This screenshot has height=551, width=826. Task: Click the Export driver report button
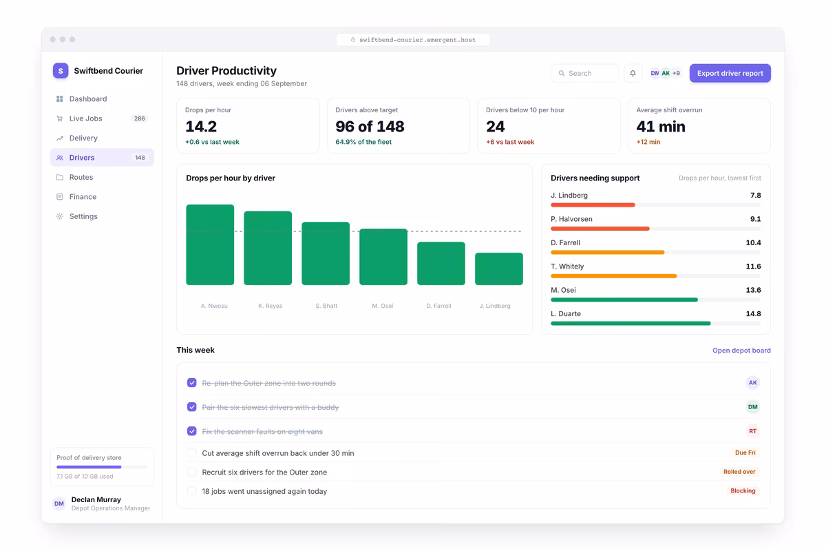tap(730, 73)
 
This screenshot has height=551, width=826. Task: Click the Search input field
tap(584, 73)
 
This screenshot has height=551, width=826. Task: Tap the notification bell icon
tap(633, 73)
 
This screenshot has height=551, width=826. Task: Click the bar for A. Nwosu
tap(210, 245)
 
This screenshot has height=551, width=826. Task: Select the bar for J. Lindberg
tap(498, 269)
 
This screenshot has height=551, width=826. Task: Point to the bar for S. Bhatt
tap(326, 253)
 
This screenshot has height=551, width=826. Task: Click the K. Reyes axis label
tap(271, 306)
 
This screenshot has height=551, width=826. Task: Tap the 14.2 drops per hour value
tap(201, 127)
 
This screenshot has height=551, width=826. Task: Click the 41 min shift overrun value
tap(661, 127)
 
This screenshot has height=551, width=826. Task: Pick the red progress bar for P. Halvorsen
tap(600, 229)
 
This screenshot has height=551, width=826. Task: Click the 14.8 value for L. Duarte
tap(753, 313)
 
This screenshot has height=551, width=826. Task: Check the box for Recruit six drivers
tap(192, 472)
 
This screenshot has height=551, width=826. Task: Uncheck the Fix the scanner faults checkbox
tap(192, 431)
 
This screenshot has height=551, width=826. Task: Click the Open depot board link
tap(741, 351)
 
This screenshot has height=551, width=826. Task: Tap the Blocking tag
tap(743, 490)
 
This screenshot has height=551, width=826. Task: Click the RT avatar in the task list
tap(752, 431)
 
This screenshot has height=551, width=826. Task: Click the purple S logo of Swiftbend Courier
tap(61, 70)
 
